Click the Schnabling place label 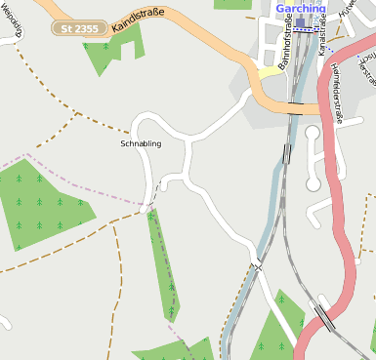[x=140, y=143]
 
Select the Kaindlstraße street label [x=137, y=18]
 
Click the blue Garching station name [x=300, y=8]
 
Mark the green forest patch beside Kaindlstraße [x=104, y=54]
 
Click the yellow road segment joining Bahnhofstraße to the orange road [x=266, y=69]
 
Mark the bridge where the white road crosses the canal [x=256, y=264]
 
